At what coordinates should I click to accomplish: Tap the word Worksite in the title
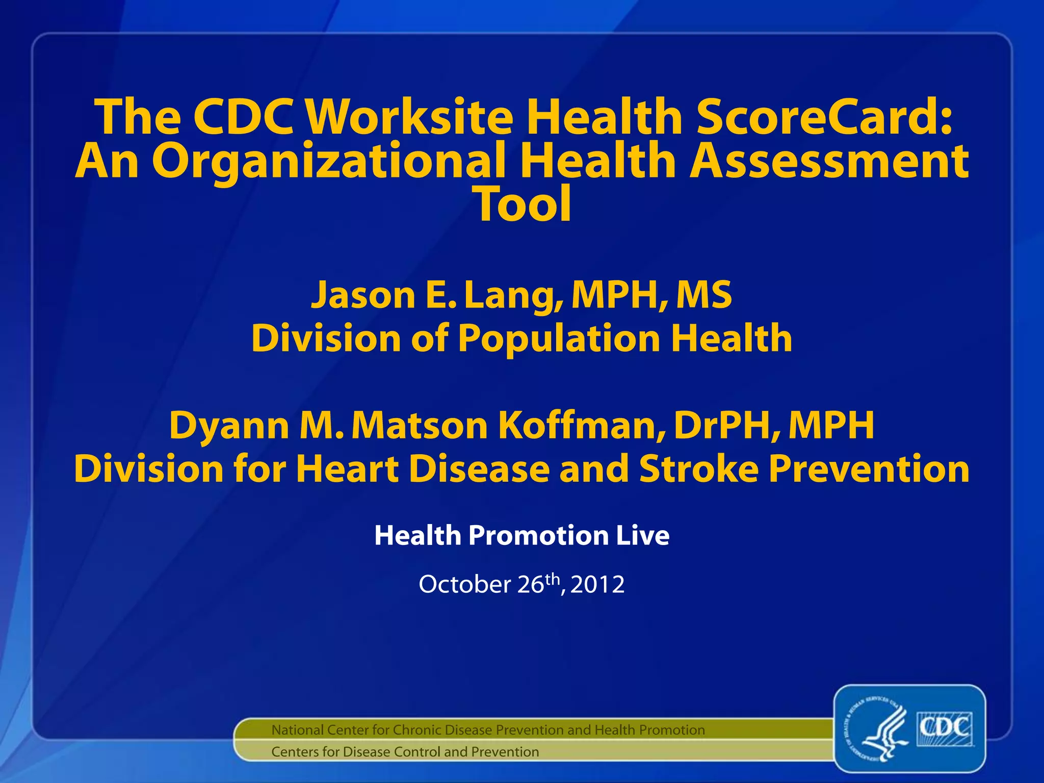[x=411, y=117]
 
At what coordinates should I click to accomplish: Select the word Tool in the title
[x=523, y=204]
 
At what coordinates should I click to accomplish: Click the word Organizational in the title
[x=329, y=162]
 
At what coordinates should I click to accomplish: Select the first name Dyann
[x=228, y=426]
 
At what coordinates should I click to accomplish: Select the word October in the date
[x=464, y=585]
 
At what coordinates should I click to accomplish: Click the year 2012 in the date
[x=597, y=585]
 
